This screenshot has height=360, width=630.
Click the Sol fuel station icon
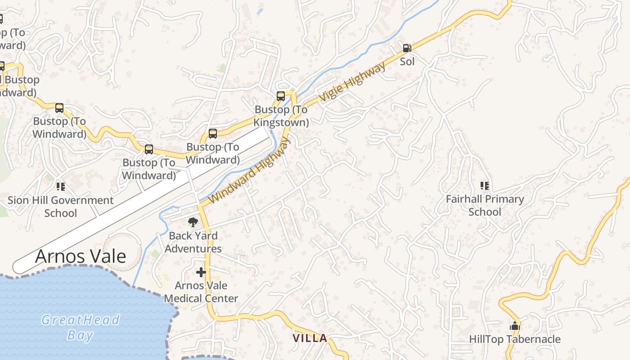[406, 48]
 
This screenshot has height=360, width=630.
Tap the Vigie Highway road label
[352, 81]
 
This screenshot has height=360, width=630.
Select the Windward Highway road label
[250, 170]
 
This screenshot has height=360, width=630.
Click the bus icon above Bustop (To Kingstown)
[281, 96]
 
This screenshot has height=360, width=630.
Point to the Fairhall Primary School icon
[485, 185]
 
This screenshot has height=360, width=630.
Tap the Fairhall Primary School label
[485, 205]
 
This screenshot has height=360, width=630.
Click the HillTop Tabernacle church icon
[514, 325]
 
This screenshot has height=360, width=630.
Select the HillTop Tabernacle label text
[514, 339]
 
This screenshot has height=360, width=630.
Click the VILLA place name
[310, 338]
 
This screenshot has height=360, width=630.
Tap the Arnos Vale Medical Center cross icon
[201, 272]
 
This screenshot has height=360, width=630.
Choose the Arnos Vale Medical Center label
[201, 292]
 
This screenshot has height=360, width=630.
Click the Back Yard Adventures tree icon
[193, 222]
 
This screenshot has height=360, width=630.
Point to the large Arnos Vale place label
[81, 256]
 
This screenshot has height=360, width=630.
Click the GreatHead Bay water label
[81, 327]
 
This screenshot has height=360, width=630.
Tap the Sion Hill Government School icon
[61, 186]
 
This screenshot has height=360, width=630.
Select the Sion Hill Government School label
[61, 207]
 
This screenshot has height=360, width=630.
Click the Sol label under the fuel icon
[407, 61]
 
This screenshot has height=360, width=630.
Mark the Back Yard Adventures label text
[193, 242]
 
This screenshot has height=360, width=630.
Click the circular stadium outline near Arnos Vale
[122, 251]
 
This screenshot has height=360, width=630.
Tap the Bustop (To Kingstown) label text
[281, 116]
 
